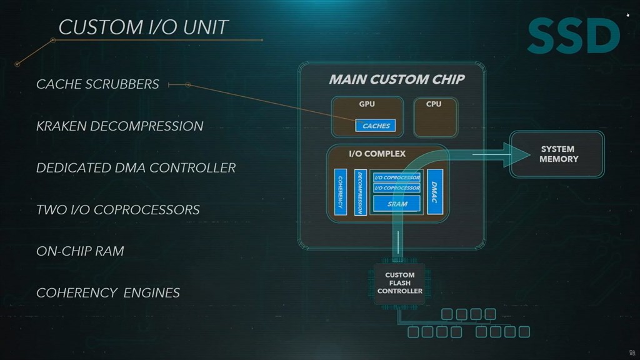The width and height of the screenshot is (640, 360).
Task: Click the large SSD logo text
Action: point(573,37)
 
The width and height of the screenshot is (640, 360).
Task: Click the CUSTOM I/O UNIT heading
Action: point(143,27)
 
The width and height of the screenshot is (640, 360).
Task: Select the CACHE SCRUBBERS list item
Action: point(97,84)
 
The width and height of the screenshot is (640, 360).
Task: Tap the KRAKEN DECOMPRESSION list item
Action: point(119,126)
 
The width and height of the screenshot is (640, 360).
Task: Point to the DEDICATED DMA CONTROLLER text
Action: point(136,167)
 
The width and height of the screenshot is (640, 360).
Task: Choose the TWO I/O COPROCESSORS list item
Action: point(117,209)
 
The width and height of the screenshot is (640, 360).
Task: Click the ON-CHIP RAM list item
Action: point(80,251)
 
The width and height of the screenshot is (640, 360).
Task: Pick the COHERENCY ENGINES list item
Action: point(107,292)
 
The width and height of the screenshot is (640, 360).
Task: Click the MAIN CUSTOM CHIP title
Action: point(397,79)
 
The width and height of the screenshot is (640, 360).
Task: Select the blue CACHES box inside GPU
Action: point(376,126)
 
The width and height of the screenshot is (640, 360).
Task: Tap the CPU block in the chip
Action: point(434,117)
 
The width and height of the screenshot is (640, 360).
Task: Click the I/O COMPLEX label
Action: point(377,154)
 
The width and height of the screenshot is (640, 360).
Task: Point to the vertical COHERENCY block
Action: point(341,192)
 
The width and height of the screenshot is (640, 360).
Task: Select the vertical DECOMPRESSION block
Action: point(360,192)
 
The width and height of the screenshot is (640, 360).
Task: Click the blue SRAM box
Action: point(397,204)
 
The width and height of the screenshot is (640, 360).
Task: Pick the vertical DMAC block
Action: point(435,192)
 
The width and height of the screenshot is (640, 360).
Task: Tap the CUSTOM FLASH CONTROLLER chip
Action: point(399,283)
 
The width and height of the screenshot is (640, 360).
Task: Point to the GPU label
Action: point(367,104)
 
